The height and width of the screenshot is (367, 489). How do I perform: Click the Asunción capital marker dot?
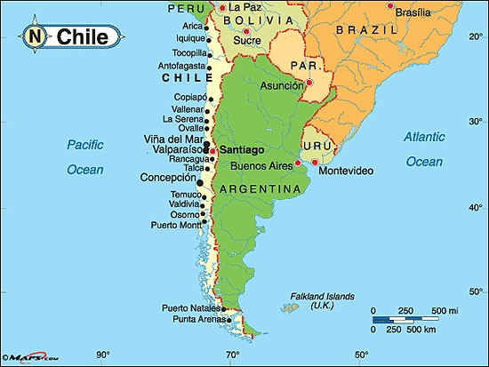[x=309, y=84]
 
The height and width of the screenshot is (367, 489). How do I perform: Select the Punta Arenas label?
[x=193, y=320]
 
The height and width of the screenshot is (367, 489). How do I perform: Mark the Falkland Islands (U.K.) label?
[x=322, y=300]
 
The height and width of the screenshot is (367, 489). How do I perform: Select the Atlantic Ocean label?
[x=423, y=148]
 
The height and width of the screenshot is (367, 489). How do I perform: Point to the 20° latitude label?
[x=475, y=46]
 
